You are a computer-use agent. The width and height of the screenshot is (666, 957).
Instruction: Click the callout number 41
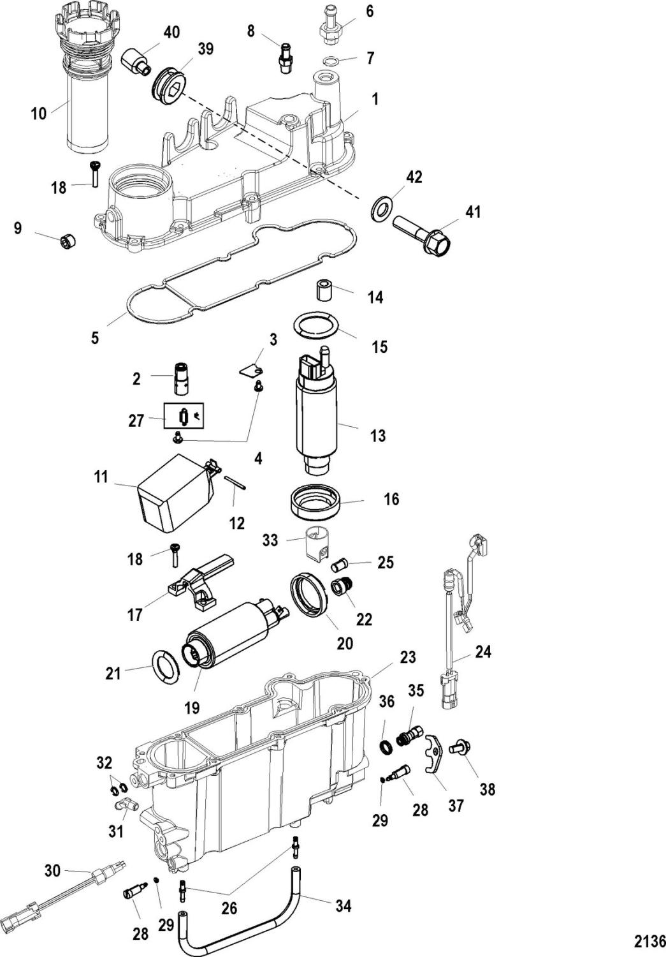click(x=472, y=212)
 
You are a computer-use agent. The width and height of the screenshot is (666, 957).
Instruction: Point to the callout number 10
click(x=39, y=114)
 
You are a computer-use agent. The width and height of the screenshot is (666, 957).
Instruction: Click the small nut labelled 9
click(x=68, y=242)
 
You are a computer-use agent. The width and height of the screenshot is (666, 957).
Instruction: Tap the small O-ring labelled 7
click(x=331, y=61)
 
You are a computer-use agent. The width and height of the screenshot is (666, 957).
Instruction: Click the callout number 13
click(x=378, y=436)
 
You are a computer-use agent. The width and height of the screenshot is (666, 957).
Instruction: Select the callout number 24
click(x=483, y=652)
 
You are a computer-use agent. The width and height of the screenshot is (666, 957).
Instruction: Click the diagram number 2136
click(x=650, y=941)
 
